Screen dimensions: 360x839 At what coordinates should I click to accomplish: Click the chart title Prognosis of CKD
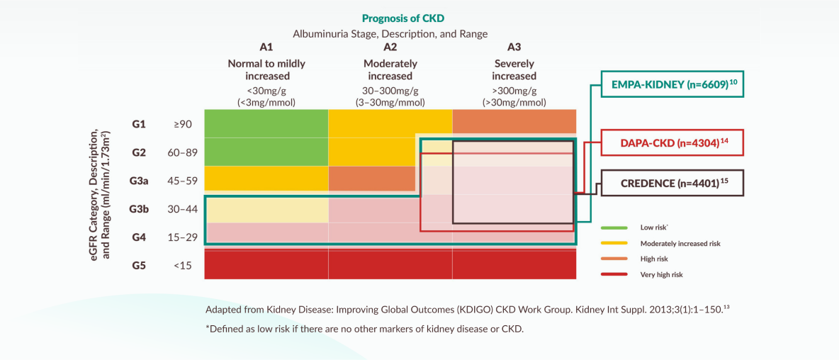tap(403, 18)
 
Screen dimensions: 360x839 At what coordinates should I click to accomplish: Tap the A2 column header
tap(390, 47)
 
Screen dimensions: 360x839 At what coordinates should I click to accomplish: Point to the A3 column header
tap(514, 47)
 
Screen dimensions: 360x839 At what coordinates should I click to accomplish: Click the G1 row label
tap(139, 124)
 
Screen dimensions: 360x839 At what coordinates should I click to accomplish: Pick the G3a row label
tap(139, 181)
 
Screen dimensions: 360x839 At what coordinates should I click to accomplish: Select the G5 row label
tap(139, 265)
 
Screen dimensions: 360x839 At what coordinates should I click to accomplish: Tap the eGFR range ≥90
tap(182, 124)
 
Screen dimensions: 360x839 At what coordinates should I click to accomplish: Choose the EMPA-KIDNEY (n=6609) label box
tap(673, 84)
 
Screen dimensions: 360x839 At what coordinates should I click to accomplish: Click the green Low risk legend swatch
tap(614, 228)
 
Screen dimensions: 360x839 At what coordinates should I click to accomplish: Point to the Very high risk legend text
tap(661, 274)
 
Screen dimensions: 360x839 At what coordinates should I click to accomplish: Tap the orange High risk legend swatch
tap(614, 259)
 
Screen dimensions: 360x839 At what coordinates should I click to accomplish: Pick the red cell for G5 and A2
tap(390, 264)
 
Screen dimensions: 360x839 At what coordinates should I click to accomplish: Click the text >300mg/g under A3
tap(514, 91)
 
